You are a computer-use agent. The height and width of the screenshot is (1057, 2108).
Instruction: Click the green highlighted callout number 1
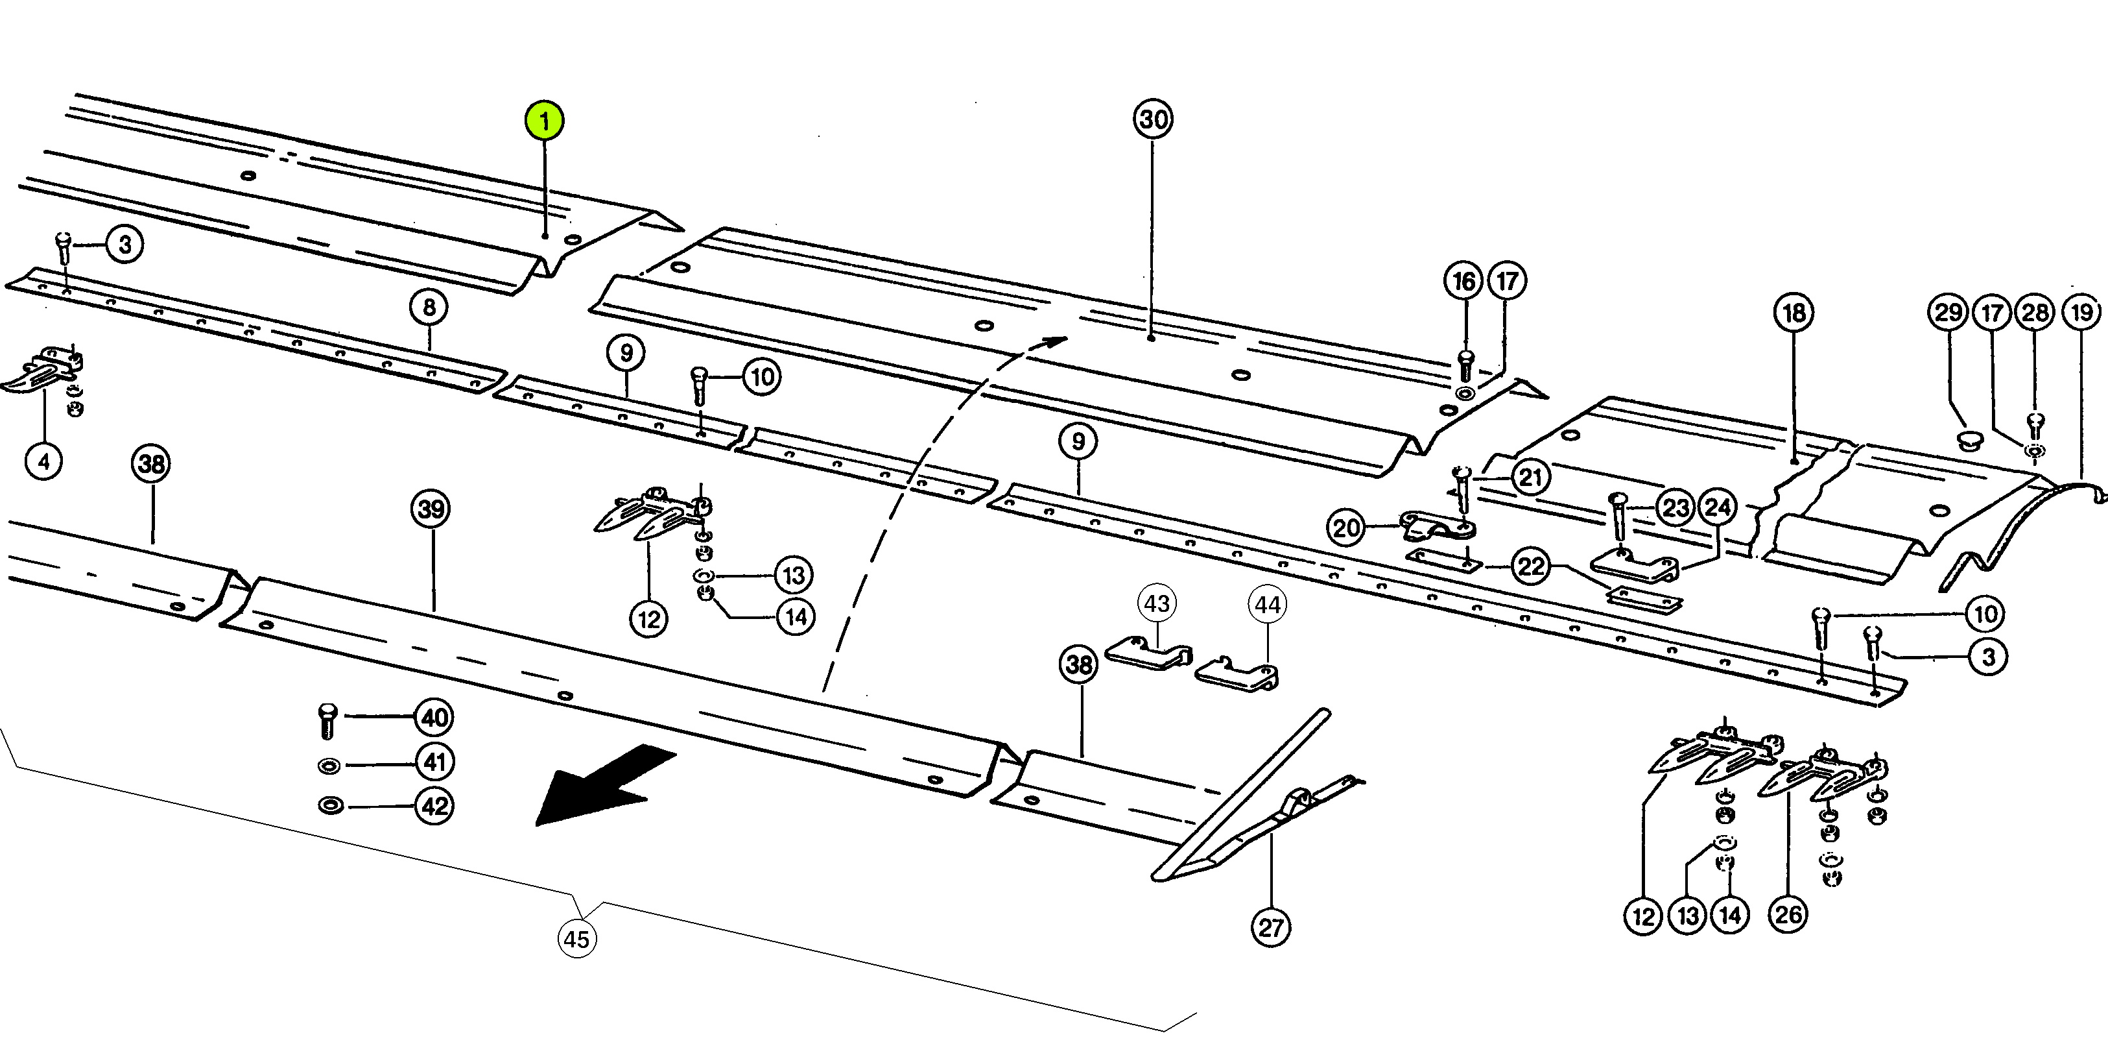[x=544, y=121]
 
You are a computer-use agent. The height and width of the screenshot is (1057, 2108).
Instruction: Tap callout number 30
[x=1153, y=119]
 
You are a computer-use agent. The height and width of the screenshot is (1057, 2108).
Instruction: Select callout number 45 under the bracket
[x=577, y=938]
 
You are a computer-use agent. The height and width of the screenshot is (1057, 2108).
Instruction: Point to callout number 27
[x=1271, y=928]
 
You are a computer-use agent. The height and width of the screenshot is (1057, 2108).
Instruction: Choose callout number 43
[x=1156, y=603]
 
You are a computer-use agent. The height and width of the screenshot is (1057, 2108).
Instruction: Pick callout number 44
[x=1268, y=605]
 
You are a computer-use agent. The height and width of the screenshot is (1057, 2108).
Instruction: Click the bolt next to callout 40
[x=327, y=719]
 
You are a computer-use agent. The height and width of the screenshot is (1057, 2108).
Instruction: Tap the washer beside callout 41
[x=329, y=766]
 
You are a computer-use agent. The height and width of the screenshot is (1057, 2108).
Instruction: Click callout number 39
[x=432, y=509]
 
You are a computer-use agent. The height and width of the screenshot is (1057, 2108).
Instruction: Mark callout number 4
[x=44, y=462]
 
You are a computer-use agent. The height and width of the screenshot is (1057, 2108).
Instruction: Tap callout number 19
[x=2082, y=312]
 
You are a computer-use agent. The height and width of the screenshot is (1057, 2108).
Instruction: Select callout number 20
[x=1346, y=528]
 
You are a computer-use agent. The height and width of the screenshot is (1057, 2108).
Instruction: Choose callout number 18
[x=1794, y=313]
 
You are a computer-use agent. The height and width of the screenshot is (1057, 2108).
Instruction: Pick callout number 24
[x=1718, y=507]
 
